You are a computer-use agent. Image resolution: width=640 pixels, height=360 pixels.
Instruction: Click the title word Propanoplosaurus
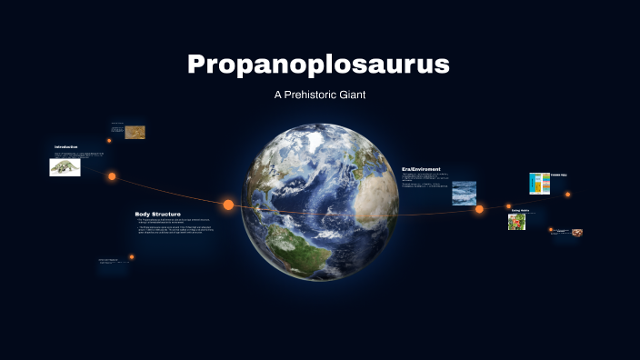coord(318,65)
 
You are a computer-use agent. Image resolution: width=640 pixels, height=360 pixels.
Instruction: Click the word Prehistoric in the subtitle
coord(319,95)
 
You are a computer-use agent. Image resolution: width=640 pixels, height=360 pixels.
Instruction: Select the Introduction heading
coord(66,147)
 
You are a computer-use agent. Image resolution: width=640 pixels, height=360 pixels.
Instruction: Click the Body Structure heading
coord(158,214)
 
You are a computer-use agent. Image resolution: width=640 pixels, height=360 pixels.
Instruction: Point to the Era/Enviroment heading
coord(421,168)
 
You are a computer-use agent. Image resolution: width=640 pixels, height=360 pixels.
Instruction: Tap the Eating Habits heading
coord(520,210)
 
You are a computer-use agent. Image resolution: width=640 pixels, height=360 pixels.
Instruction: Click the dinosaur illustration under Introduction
coord(65,167)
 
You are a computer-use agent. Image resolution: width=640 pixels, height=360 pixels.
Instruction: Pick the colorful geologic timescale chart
coord(539,184)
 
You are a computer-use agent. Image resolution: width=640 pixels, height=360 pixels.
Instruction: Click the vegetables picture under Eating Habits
coord(516,222)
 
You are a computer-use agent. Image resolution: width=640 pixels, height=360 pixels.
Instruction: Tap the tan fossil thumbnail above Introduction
coord(135,132)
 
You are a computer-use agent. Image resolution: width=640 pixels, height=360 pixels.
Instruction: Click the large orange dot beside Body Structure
coord(228,205)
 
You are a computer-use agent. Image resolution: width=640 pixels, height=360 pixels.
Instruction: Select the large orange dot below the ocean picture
coord(479,209)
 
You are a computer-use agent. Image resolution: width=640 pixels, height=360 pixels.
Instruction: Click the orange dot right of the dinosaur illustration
coord(112,176)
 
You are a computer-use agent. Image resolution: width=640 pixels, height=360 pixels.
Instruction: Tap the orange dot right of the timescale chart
coord(568,194)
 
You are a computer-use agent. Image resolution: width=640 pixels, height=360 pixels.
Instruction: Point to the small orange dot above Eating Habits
coord(509,205)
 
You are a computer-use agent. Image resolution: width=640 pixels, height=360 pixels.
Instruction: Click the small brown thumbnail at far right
coord(577,233)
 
